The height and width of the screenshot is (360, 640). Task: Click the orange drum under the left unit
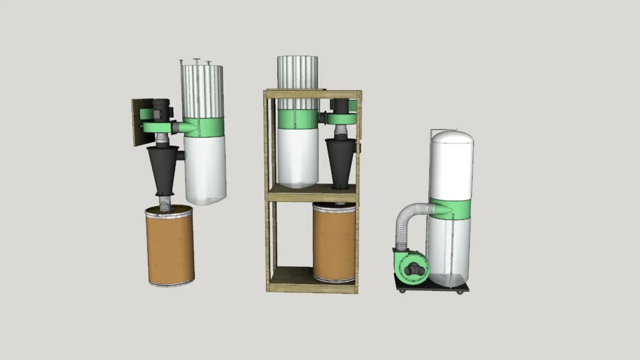[x=170, y=245]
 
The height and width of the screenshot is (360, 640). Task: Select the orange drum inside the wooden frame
[x=333, y=243]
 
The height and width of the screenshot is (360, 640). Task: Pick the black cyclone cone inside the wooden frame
[x=340, y=160]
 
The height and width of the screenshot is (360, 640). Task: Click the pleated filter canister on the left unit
[x=202, y=90]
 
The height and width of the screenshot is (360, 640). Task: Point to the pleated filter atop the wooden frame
[x=297, y=72]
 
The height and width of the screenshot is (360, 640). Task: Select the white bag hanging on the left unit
[x=205, y=169]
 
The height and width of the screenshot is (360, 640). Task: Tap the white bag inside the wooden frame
[x=297, y=157]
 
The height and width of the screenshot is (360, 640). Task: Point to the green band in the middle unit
[x=297, y=119]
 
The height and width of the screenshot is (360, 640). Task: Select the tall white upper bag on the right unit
[x=451, y=165]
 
